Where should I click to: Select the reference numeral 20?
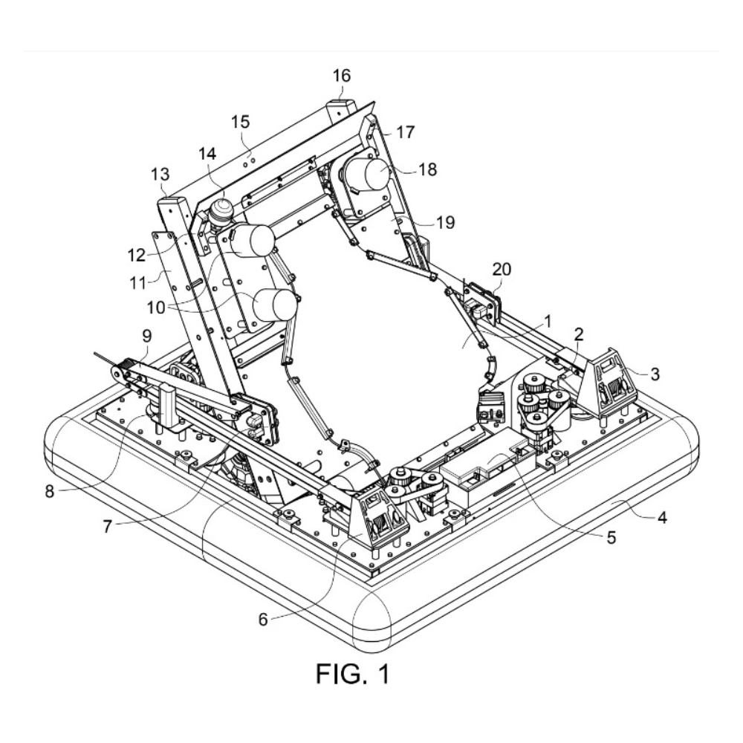tap(502, 270)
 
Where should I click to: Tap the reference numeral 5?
tap(611, 538)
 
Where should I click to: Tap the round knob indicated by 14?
tap(221, 212)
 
